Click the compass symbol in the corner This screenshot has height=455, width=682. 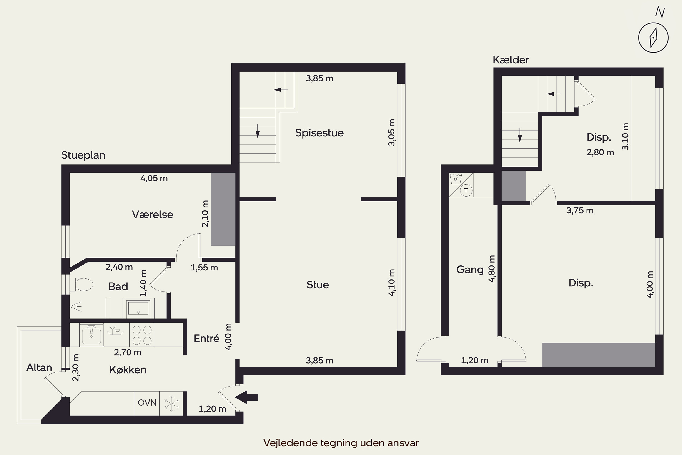coord(653,38)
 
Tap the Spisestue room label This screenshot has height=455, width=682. coord(319,133)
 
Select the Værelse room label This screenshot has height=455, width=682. coord(153,215)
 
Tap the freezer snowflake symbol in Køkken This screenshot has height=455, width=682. coord(171,403)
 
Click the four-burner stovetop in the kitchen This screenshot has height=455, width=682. coord(142,335)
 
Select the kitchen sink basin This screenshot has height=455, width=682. coord(92,335)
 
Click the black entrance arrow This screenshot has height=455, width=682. coord(246,397)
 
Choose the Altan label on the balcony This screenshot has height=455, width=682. coord(39,368)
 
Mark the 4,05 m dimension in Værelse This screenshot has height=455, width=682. coord(154,178)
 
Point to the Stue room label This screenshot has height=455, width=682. coord(318,285)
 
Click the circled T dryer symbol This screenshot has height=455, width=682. coord(466,190)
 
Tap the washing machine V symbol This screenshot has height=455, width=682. coord(456,179)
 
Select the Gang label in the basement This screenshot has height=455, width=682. coord(470,270)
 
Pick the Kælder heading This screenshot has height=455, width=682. coord(511,60)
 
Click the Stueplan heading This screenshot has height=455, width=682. coord(83,155)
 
